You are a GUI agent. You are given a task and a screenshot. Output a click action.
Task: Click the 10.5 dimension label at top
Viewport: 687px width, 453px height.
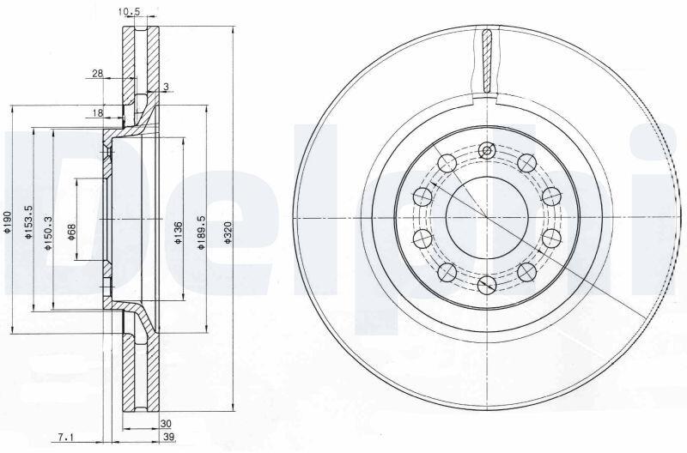click(x=129, y=12)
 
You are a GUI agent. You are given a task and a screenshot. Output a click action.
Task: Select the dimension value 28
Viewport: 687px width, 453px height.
click(x=98, y=74)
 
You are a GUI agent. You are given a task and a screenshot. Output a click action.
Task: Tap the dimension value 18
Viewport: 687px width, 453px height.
click(x=98, y=113)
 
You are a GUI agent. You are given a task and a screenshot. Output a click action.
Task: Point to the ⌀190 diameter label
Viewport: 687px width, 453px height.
click(x=8, y=221)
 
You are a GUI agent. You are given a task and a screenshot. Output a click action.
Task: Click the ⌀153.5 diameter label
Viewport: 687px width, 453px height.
click(x=29, y=222)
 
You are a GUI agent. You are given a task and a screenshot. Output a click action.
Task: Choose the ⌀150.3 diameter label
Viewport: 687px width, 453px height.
click(x=48, y=233)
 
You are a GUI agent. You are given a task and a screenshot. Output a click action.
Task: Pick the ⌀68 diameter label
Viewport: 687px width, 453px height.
click(x=72, y=232)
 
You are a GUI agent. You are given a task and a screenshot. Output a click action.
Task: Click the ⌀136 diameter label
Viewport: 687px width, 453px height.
click(x=178, y=233)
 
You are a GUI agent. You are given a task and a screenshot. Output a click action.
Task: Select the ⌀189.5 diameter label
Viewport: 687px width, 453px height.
click(x=201, y=233)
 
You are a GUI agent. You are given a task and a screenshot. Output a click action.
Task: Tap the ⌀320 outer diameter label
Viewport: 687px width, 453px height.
click(x=227, y=233)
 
